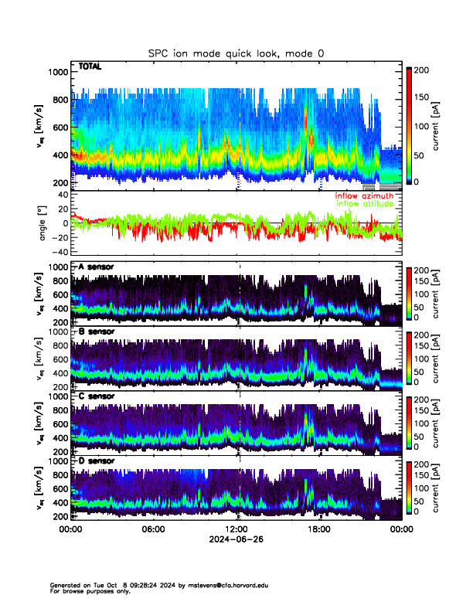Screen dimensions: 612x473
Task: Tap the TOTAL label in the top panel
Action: click(x=90, y=67)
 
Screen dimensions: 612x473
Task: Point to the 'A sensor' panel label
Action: click(x=96, y=267)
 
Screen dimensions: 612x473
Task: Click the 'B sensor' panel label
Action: click(x=96, y=331)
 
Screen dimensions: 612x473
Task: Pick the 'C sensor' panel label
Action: click(x=96, y=396)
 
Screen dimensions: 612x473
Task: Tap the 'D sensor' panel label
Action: click(x=96, y=461)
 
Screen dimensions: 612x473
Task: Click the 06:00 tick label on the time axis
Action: click(x=153, y=529)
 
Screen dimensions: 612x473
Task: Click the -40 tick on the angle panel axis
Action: click(x=58, y=252)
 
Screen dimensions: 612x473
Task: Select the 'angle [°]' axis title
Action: click(x=44, y=223)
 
